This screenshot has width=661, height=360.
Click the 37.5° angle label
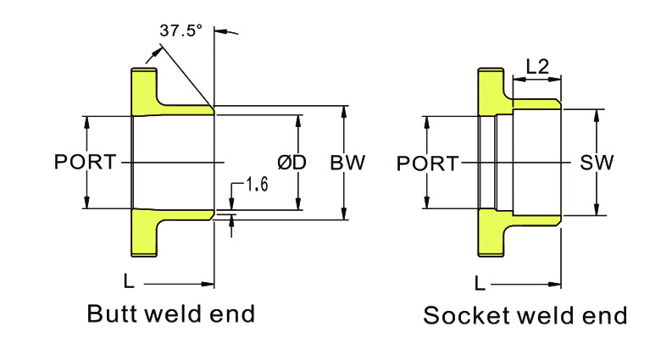pyautogui.click(x=181, y=31)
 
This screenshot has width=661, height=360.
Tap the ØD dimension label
pyautogui.click(x=292, y=162)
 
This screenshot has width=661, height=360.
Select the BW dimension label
pyautogui.click(x=347, y=162)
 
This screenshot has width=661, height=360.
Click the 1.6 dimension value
pyautogui.click(x=256, y=184)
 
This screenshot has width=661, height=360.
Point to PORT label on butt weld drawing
pyautogui.click(x=85, y=162)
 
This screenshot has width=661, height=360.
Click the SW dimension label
pyautogui.click(x=597, y=162)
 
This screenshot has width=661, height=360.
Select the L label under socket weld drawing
pyautogui.click(x=480, y=282)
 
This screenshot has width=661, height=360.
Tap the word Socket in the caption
pyautogui.click(x=462, y=316)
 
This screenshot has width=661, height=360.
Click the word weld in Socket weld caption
pyautogui.click(x=545, y=316)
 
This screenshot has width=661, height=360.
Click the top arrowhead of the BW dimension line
pyautogui.click(x=344, y=110)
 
